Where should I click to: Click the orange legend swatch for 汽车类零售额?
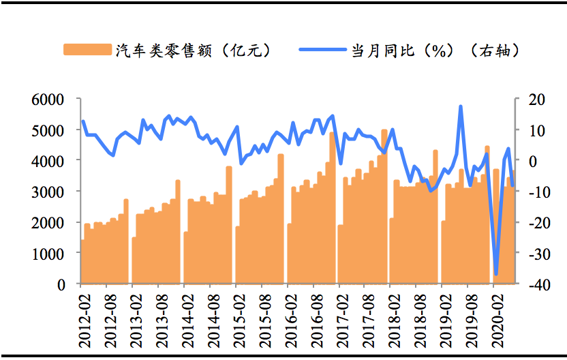pos(87,50)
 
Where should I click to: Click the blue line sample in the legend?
pos(322,50)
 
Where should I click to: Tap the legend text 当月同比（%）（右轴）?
pos(436,50)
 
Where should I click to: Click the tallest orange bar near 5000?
pos(384,205)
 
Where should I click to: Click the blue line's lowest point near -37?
pos(496,274)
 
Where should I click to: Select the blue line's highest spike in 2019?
pos(461,106)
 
